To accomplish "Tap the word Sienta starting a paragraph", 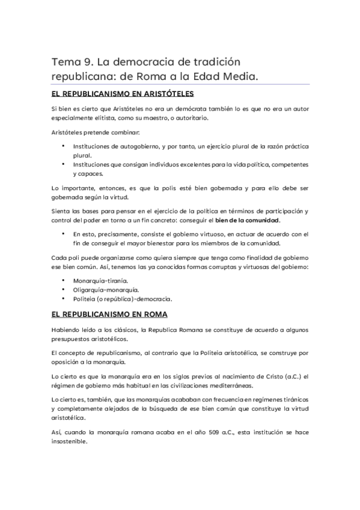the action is (61, 211).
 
